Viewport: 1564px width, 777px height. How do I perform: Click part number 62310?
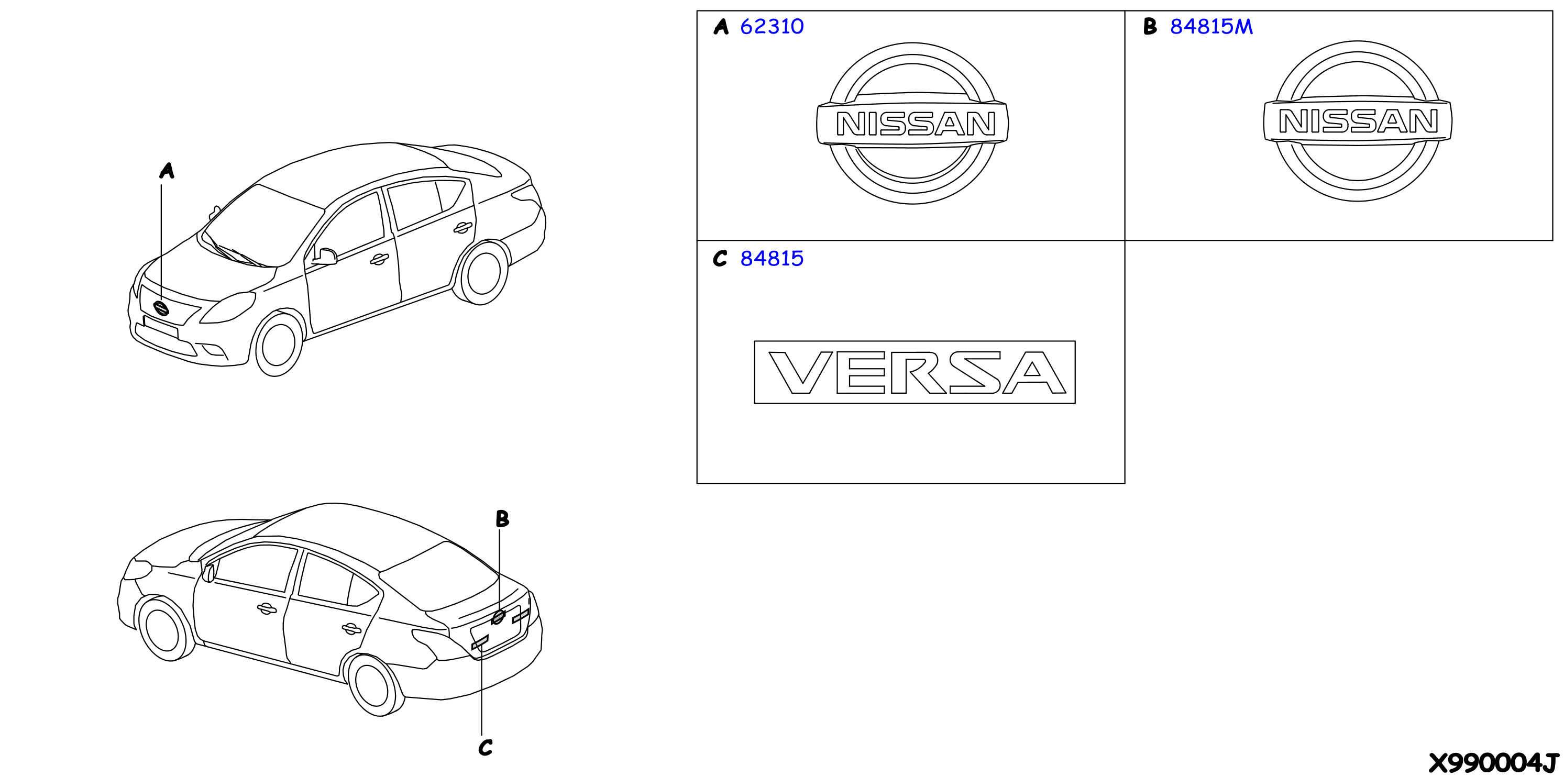click(772, 27)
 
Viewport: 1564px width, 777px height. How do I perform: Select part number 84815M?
click(1211, 27)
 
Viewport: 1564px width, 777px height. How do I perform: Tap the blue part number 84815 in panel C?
click(772, 259)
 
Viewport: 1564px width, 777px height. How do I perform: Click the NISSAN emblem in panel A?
click(912, 123)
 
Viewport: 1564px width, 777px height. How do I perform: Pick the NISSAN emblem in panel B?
click(1358, 121)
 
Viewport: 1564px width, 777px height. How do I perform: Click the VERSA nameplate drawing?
click(915, 372)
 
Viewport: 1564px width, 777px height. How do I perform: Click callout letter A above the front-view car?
click(167, 171)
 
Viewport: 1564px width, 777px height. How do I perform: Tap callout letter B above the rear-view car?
click(502, 518)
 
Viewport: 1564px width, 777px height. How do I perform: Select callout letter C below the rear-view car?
click(485, 747)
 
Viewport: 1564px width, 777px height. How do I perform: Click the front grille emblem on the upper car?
click(161, 308)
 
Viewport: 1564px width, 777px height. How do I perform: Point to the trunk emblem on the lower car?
click(498, 617)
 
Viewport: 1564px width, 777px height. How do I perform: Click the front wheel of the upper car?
click(278, 343)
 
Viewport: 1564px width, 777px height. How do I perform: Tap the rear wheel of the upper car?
click(483, 273)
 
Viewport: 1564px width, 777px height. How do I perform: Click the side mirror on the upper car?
click(325, 257)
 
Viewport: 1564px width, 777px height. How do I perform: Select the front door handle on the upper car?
click(379, 260)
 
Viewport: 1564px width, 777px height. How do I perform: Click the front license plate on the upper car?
click(160, 327)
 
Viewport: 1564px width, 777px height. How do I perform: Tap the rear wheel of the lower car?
click(375, 686)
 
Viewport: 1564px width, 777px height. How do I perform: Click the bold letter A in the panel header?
click(721, 27)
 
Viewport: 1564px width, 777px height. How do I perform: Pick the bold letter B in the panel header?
click(1150, 26)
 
